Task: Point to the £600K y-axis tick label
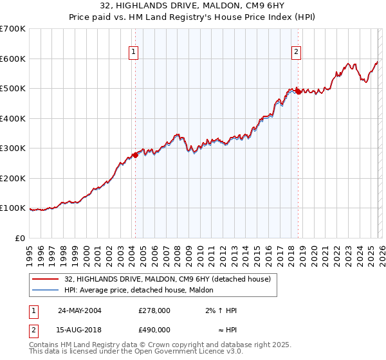coord(13,59)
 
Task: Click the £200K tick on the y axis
coord(13,178)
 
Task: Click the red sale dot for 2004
coord(135,155)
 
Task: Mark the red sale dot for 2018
coord(298,92)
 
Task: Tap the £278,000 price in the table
coord(154,310)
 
